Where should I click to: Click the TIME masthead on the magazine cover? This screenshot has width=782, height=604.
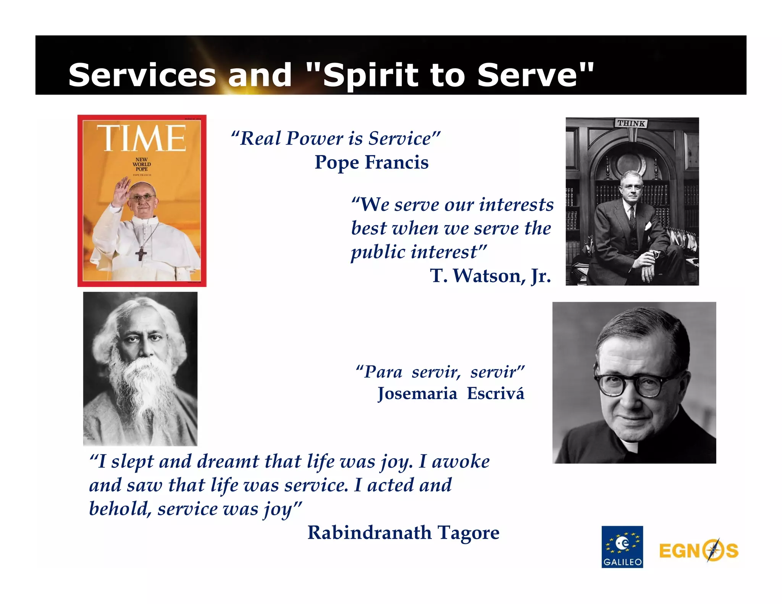[141, 138]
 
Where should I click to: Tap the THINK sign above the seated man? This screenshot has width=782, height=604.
[631, 123]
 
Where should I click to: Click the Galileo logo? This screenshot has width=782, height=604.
[622, 547]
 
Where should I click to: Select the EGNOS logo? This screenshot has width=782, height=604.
[698, 551]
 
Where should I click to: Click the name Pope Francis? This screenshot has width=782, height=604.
[371, 162]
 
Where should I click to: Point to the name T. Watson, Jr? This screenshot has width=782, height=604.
[490, 276]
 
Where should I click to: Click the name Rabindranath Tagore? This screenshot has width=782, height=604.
[403, 532]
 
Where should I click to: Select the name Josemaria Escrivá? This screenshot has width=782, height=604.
[451, 394]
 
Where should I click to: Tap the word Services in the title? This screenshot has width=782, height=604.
[142, 75]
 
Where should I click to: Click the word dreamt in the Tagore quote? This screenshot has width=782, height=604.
[228, 461]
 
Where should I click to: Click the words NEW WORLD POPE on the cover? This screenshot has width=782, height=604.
[142, 164]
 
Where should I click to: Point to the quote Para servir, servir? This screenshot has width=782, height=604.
[440, 371]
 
